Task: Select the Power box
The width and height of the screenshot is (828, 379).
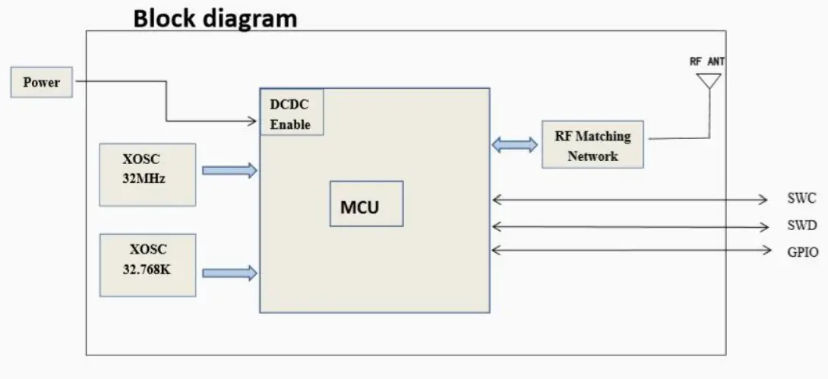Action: click(x=42, y=82)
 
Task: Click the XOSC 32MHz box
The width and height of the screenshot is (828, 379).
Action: click(x=147, y=174)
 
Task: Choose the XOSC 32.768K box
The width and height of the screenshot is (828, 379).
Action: click(x=147, y=265)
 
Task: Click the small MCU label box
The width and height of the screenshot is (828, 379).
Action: click(x=366, y=204)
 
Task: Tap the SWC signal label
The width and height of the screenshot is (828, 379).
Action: click(x=801, y=199)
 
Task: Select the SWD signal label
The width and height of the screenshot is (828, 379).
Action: click(x=801, y=226)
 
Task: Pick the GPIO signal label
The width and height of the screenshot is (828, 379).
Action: click(x=802, y=251)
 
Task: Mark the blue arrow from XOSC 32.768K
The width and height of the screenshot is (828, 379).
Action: click(x=229, y=272)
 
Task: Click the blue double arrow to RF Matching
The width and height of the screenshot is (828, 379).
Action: click(x=514, y=145)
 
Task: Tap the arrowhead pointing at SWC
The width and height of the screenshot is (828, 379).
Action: click(x=763, y=200)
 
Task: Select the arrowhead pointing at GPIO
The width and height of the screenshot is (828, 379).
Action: click(x=763, y=251)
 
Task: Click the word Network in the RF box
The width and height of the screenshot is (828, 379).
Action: click(x=593, y=156)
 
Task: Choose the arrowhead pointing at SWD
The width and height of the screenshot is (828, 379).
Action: click(x=763, y=226)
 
